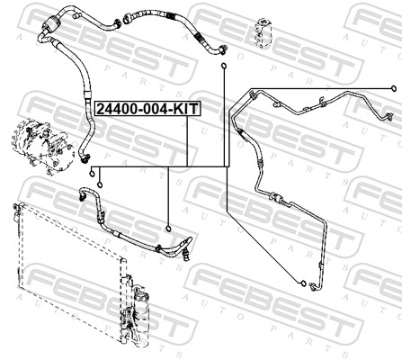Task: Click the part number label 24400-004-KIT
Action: click(x=147, y=109)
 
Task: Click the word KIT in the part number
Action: click(x=186, y=109)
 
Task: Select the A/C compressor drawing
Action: click(x=42, y=147)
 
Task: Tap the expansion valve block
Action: click(x=262, y=32)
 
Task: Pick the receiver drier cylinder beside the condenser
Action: click(x=140, y=312)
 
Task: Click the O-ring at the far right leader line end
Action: click(x=393, y=88)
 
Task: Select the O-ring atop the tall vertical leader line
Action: click(x=224, y=66)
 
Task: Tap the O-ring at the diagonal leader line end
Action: click(x=303, y=283)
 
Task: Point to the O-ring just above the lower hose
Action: click(x=168, y=229)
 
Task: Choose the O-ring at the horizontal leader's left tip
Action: click(x=93, y=173)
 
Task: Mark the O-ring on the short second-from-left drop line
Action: click(x=100, y=184)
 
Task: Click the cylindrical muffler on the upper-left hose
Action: click(x=52, y=22)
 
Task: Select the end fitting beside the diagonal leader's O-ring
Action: click(x=314, y=286)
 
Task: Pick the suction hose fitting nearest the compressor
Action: click(x=85, y=156)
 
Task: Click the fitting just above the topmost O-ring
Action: click(x=223, y=49)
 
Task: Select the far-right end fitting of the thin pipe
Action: click(x=389, y=116)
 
